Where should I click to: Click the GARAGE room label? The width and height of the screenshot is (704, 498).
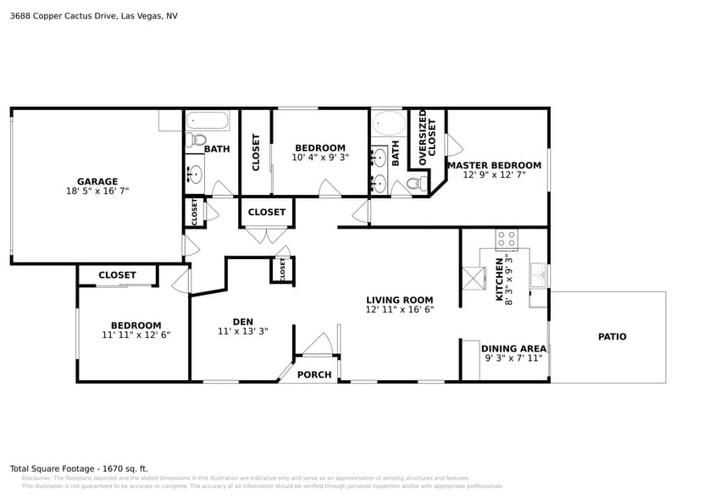(x=97, y=181)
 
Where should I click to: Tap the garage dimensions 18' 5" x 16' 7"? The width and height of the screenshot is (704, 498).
(x=97, y=191)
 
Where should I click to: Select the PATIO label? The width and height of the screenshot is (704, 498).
(x=612, y=337)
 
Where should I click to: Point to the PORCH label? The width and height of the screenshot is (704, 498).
(x=314, y=374)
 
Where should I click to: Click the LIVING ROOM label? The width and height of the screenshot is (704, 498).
(x=399, y=300)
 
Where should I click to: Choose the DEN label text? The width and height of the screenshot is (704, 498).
(x=243, y=321)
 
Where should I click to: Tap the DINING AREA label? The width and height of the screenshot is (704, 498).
(x=513, y=348)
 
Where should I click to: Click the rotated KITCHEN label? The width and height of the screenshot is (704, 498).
(x=499, y=279)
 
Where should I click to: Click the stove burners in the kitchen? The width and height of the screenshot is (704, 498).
(x=506, y=238)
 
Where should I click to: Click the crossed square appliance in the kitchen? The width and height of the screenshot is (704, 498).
(x=473, y=278)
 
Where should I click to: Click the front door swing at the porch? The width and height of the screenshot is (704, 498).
(x=319, y=344)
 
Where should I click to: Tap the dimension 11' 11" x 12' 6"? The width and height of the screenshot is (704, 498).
(x=136, y=335)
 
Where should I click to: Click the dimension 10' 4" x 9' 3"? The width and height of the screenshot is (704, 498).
(x=319, y=158)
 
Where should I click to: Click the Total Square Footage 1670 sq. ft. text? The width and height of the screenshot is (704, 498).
(x=78, y=468)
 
